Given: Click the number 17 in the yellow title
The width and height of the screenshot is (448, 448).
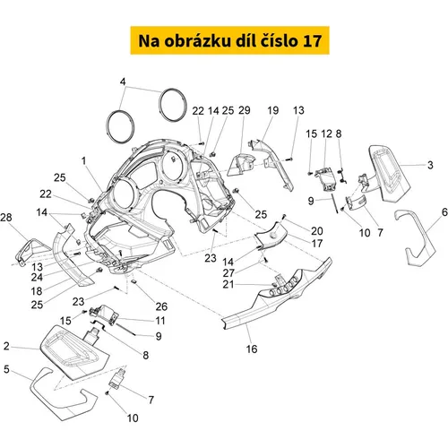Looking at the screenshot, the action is (312, 41).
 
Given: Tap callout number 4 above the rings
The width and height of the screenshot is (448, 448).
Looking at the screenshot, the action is (123, 82).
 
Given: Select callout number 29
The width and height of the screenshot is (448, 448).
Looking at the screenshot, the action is (245, 110).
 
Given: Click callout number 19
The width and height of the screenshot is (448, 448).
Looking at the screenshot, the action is (272, 110).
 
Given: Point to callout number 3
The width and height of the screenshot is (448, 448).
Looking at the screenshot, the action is (430, 165).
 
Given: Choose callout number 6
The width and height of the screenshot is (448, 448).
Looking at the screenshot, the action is (444, 212).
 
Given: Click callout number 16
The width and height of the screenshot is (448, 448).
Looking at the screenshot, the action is (252, 349).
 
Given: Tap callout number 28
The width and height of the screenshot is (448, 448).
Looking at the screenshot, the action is (6, 217).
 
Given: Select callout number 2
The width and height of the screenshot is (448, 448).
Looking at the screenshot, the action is (6, 346).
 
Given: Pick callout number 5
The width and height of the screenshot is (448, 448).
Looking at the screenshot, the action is (6, 369).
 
